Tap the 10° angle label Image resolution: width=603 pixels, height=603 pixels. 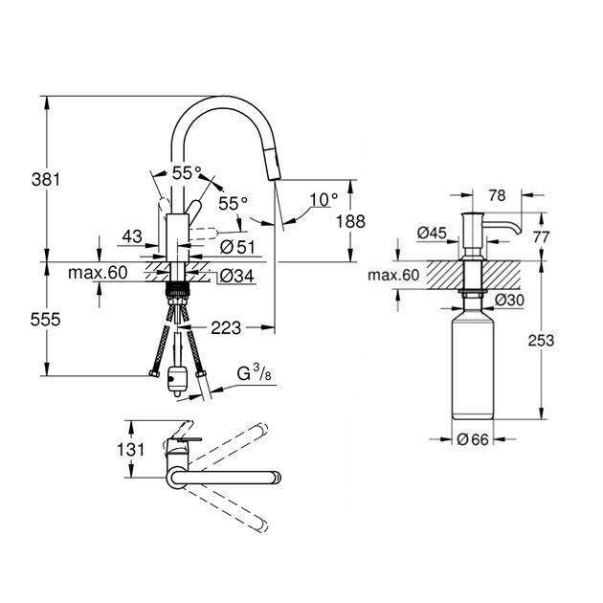[324, 199]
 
